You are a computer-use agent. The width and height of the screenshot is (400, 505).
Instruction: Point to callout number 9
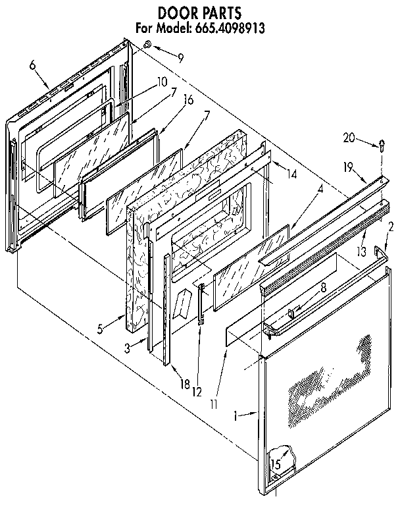click(x=181, y=58)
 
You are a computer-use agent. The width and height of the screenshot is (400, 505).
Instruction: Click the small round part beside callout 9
click(x=147, y=44)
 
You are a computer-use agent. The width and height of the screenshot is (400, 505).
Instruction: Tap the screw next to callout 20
click(x=382, y=145)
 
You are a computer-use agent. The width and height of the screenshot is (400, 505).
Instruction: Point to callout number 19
click(x=349, y=168)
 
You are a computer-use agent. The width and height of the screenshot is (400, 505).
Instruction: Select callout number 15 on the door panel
click(x=277, y=465)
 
